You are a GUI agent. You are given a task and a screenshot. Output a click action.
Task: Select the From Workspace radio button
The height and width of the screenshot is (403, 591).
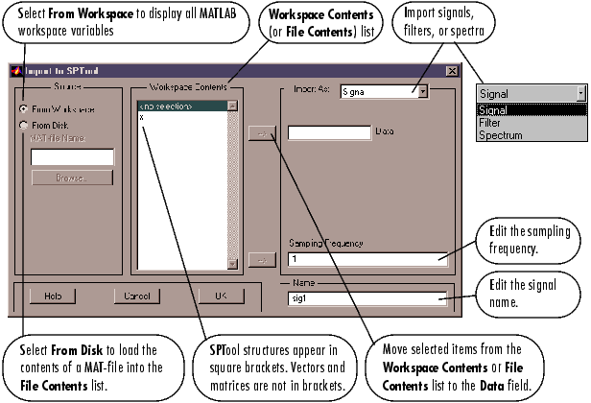[24, 109]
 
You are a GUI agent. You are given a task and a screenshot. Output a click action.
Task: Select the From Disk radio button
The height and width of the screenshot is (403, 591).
[24, 125]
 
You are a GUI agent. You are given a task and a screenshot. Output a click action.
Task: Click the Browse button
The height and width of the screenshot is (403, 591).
[72, 178]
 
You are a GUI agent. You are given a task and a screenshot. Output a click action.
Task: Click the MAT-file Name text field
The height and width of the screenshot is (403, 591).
[72, 156]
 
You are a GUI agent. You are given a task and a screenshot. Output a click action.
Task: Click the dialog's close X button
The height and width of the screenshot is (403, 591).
[451, 71]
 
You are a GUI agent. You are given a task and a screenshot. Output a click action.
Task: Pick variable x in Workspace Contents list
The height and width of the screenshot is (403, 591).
[142, 116]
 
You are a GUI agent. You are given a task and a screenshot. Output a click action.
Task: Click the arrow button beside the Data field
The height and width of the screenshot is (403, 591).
[256, 132]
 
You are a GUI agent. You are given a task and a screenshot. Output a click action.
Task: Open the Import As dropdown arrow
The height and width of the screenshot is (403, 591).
[421, 91]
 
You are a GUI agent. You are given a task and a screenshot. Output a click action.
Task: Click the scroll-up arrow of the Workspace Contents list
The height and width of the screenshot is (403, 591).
[233, 106]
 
